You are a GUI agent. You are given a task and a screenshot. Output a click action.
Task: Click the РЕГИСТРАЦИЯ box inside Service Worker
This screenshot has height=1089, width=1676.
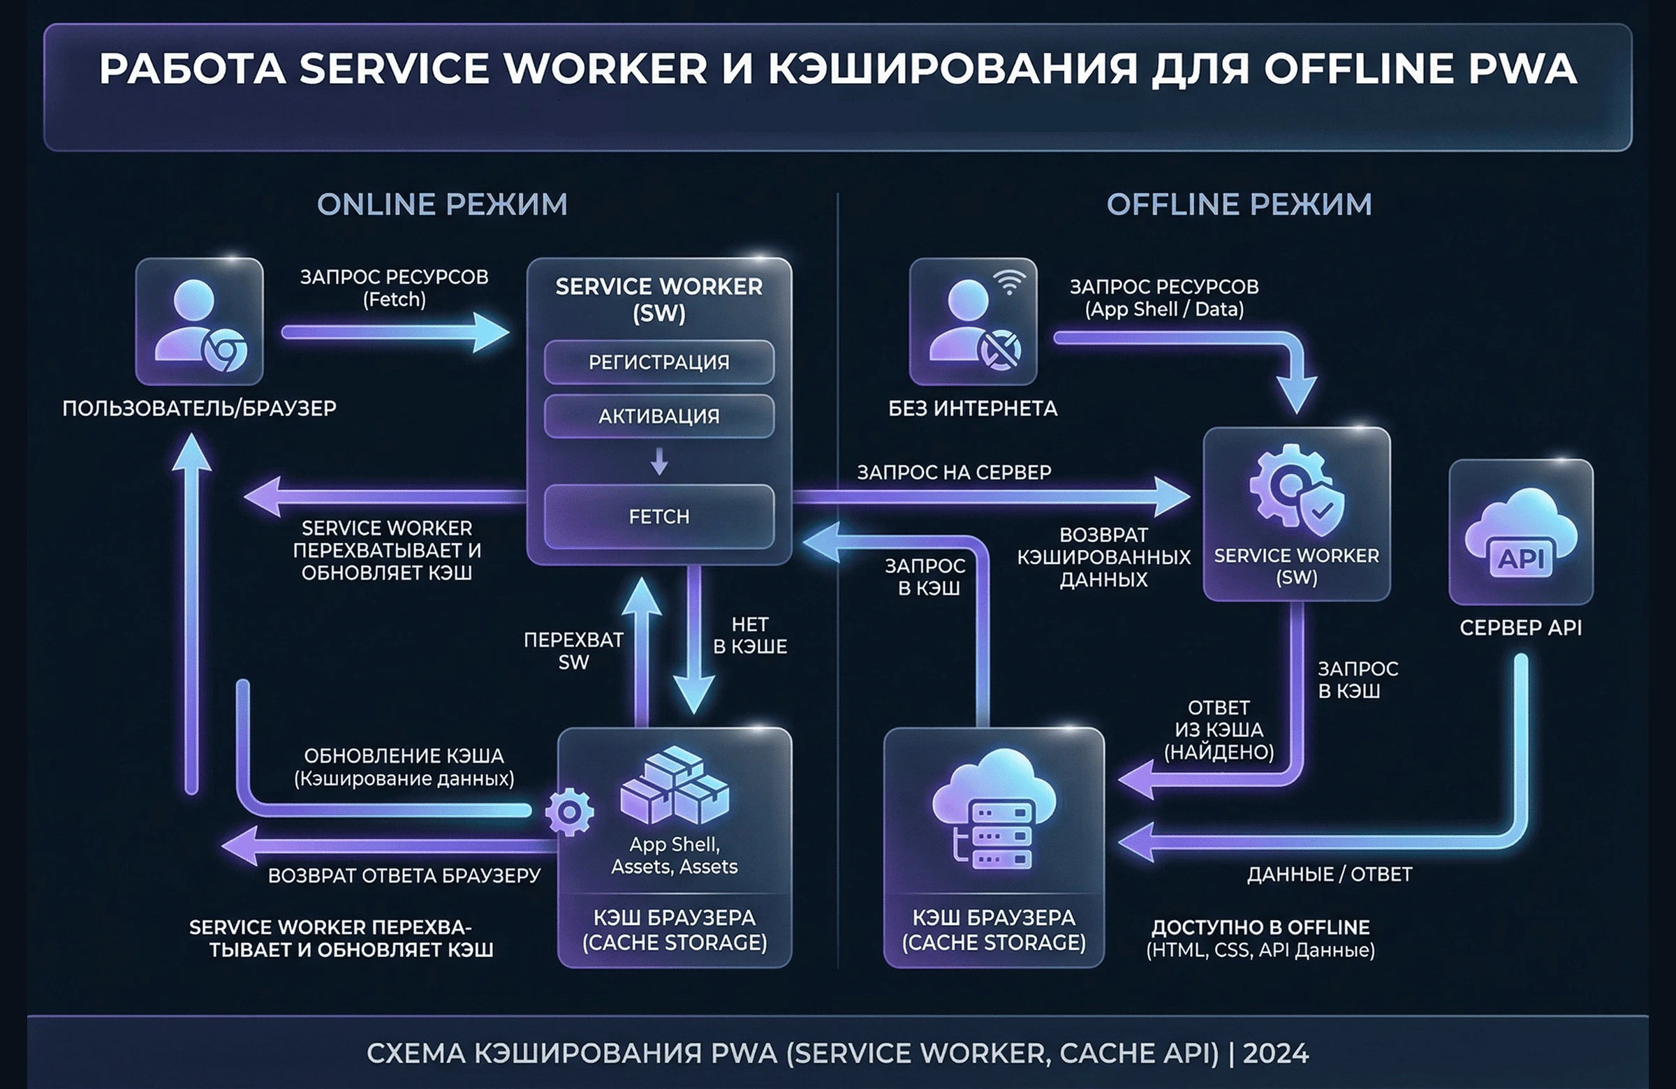pos(659,362)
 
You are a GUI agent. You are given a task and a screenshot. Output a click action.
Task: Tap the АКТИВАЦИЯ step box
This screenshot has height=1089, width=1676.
pos(659,416)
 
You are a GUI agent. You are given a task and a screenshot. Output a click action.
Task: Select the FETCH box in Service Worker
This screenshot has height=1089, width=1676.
pos(659,516)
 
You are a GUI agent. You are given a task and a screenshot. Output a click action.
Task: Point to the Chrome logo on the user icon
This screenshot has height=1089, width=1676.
pos(224,350)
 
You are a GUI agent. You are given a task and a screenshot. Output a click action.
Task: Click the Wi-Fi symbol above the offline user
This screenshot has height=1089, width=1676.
pos(1010,281)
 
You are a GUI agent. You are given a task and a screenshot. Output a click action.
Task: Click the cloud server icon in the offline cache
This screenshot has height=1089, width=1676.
pos(993,809)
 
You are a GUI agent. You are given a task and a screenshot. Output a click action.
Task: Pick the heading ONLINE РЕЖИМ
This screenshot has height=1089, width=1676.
pos(442,205)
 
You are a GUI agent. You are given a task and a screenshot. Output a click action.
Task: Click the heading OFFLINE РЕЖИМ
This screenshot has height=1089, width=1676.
pos(1239,205)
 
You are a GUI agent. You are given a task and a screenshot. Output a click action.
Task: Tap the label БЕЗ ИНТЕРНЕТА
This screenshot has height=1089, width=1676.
pos(973,408)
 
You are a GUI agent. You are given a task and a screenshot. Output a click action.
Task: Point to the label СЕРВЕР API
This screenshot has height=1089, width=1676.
pos(1520,627)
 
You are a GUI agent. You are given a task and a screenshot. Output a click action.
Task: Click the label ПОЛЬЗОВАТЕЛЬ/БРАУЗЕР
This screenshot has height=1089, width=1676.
pos(199,408)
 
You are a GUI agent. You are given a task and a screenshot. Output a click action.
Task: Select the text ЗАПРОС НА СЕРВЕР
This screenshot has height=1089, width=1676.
pos(953,473)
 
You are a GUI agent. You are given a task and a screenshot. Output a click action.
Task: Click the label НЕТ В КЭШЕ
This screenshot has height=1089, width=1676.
pos(750,635)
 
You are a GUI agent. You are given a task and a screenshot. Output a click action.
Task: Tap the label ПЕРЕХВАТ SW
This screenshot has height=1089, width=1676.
pos(573,651)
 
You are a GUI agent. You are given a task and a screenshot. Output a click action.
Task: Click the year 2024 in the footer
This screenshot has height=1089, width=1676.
pos(1275,1053)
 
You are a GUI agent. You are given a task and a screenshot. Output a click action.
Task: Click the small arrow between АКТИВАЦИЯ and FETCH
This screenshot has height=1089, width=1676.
pos(659,462)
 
